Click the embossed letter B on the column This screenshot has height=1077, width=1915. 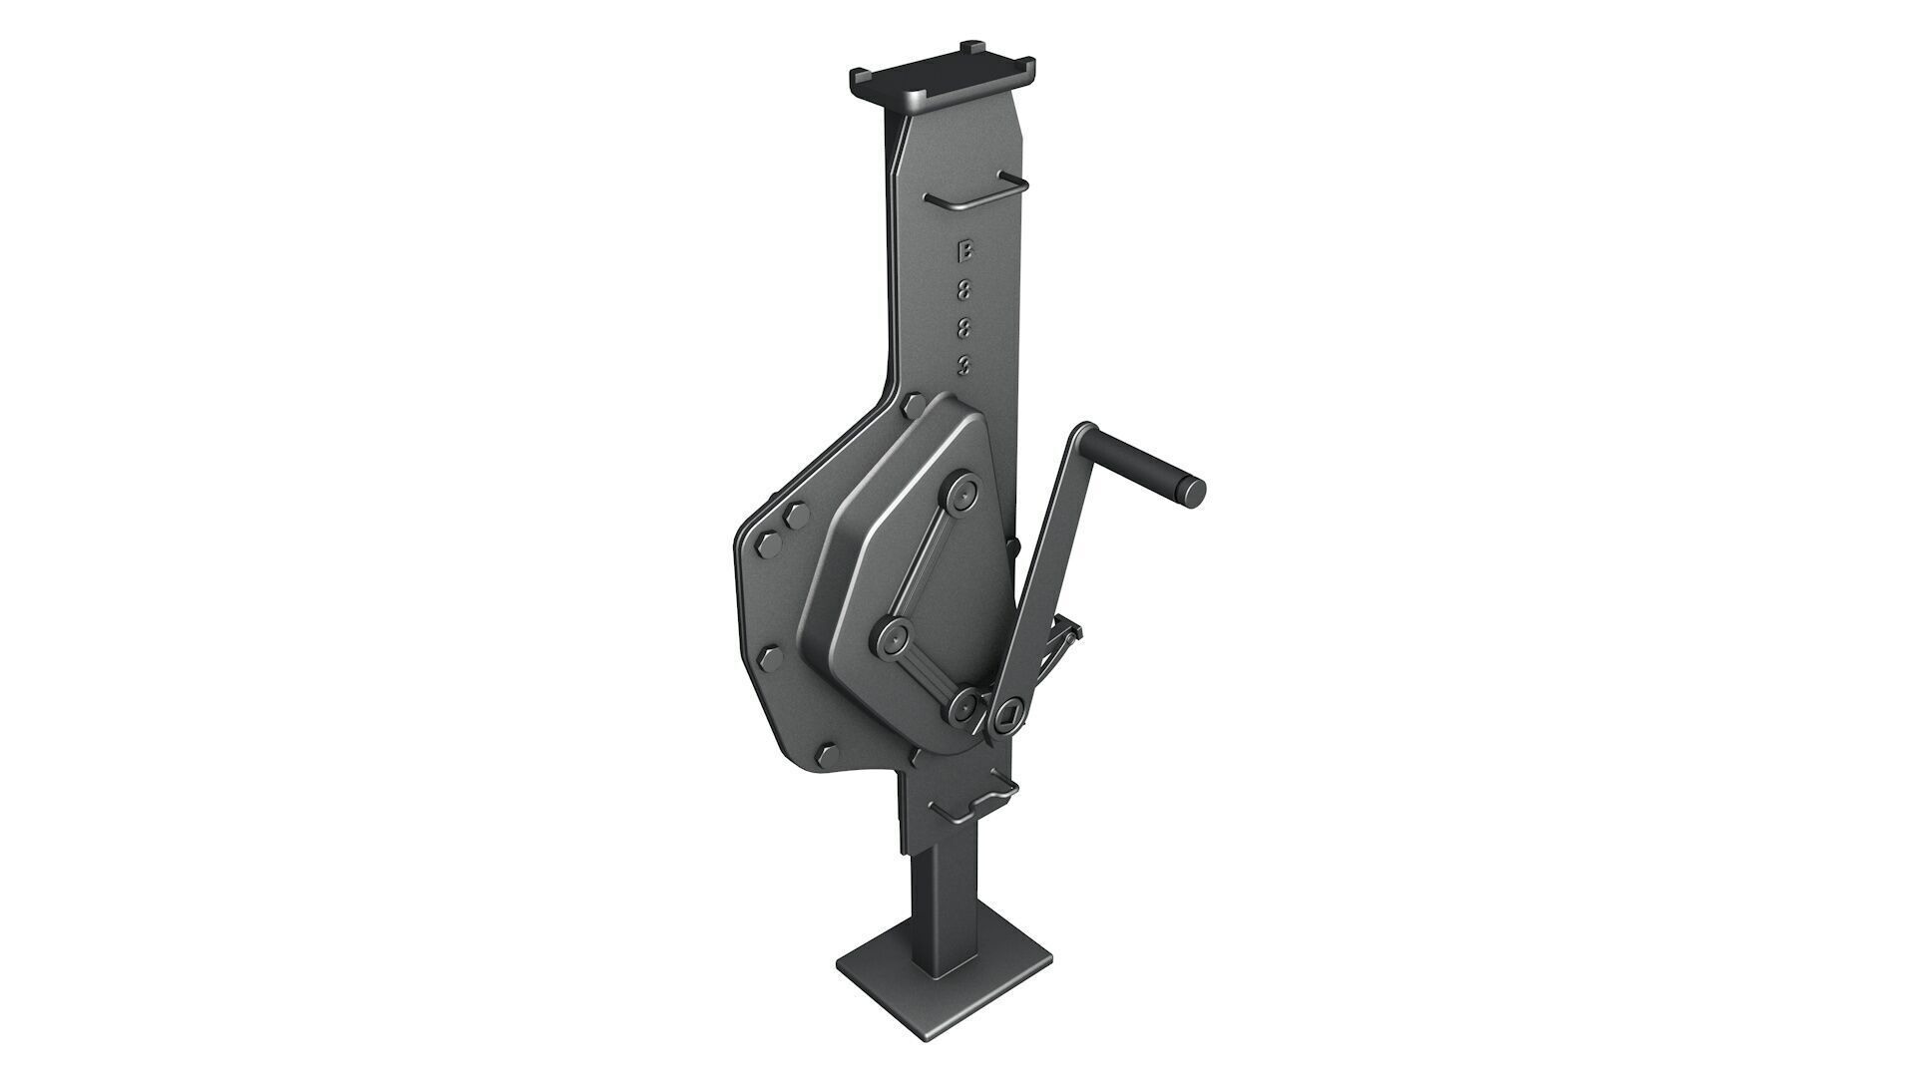pyautogui.click(x=963, y=251)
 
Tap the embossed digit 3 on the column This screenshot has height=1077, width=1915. pyautogui.click(x=963, y=366)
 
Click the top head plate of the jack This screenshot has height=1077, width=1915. pyautogui.click(x=943, y=80)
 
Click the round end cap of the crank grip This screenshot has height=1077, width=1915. pyautogui.click(x=1192, y=490)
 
